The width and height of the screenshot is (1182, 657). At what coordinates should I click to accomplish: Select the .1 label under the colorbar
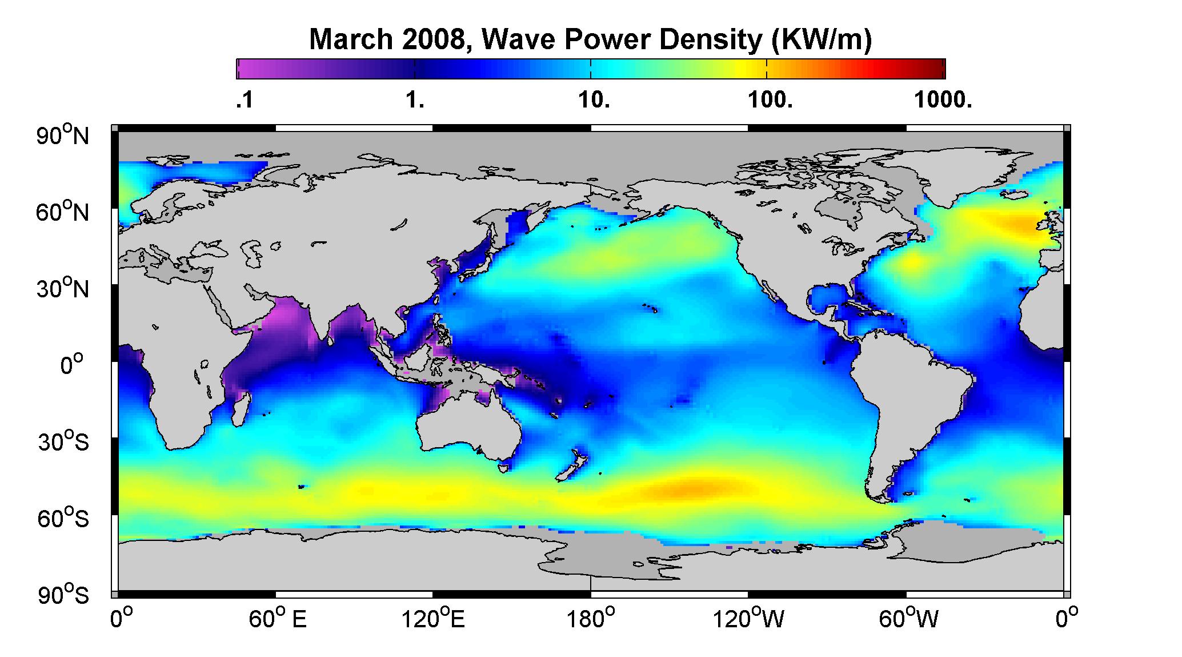245,101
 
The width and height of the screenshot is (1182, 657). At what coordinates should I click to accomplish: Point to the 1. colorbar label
415,101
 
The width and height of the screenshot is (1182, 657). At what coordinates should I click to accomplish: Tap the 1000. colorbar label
943,101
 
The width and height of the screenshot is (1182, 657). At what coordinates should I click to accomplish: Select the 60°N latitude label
63,212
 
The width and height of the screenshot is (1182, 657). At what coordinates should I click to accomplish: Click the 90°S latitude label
63,595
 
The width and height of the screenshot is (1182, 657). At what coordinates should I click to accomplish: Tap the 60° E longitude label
278,620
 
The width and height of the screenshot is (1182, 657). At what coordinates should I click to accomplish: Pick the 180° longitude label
591,620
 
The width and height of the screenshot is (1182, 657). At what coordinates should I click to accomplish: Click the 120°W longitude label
749,620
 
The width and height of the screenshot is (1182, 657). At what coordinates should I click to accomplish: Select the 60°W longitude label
907,620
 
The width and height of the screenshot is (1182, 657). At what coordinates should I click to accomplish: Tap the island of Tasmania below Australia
503,468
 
